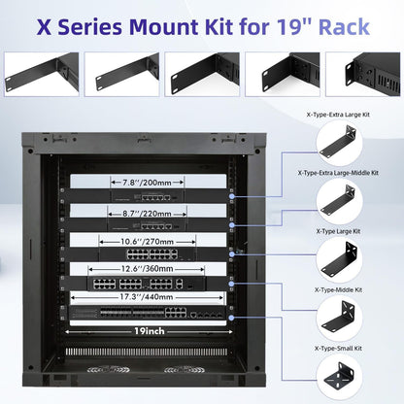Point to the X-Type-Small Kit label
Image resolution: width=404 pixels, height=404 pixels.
coord(338,347)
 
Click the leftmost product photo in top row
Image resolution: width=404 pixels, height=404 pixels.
coord(41,73)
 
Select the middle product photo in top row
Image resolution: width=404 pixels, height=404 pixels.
coord(201,73)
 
